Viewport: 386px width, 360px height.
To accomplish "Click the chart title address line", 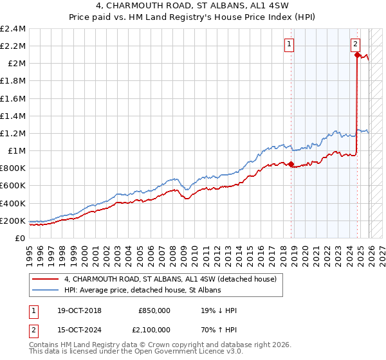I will pyautogui.click(x=192, y=6).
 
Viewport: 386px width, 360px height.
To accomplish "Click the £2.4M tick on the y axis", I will pyautogui.click(x=13, y=29).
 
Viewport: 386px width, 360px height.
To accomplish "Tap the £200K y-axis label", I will pyautogui.click(x=13, y=221).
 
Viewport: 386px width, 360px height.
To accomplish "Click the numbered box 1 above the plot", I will pyautogui.click(x=289, y=44).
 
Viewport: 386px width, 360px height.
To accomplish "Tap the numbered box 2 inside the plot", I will pyautogui.click(x=355, y=44).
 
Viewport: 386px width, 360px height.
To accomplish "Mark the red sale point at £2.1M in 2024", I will pyautogui.click(x=357, y=55).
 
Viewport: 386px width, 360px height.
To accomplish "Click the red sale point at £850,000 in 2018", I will pyautogui.click(x=291, y=165).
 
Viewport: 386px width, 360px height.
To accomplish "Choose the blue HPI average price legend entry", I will pyautogui.click(x=142, y=290).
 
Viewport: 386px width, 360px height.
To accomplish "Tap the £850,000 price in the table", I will pyautogui.click(x=154, y=310).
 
